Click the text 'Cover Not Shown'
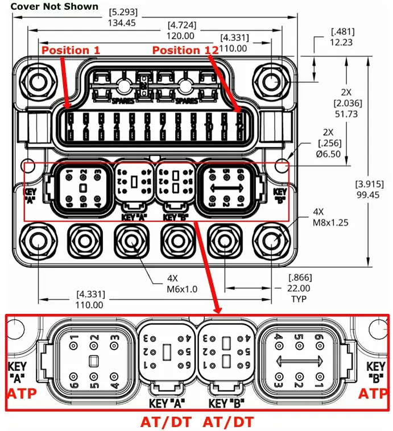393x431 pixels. pyautogui.click(x=55, y=7)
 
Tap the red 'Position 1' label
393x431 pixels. pyautogui.click(x=71, y=50)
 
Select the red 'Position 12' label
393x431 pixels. pyautogui.click(x=185, y=50)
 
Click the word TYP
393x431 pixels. pyautogui.click(x=299, y=299)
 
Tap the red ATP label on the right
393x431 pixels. pyautogui.click(x=374, y=393)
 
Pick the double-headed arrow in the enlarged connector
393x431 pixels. pyautogui.click(x=299, y=360)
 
